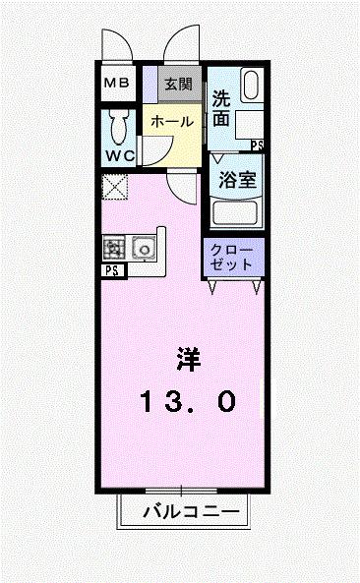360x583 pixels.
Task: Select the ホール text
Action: [171, 120]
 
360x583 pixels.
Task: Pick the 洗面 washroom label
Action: [220, 110]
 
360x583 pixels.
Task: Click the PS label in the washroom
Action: [257, 145]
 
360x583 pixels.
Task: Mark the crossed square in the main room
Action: [115, 186]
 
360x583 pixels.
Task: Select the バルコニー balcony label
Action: [190, 511]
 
